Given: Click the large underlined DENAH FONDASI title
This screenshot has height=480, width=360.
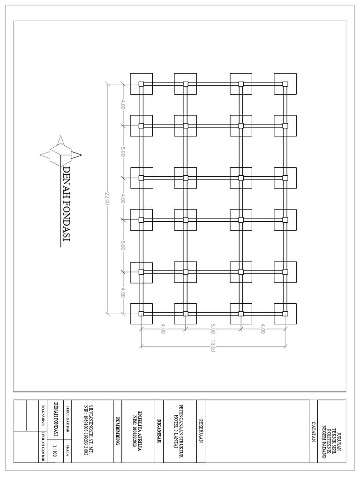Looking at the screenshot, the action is coord(66,205).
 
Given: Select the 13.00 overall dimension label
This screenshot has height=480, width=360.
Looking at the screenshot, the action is coord(213,346).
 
